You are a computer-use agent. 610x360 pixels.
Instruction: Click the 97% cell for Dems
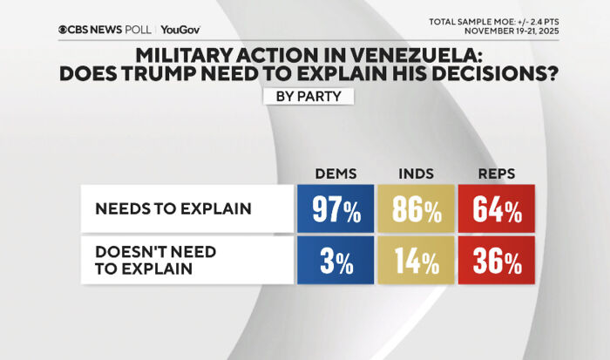[335, 209]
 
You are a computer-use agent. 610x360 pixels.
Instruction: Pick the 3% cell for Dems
[335, 261]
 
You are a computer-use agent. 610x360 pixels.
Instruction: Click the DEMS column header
[335, 173]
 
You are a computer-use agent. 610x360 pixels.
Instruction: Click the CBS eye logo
[64, 30]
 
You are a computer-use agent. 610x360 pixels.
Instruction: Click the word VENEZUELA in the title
[408, 54]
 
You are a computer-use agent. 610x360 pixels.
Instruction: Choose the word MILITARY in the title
[190, 54]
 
